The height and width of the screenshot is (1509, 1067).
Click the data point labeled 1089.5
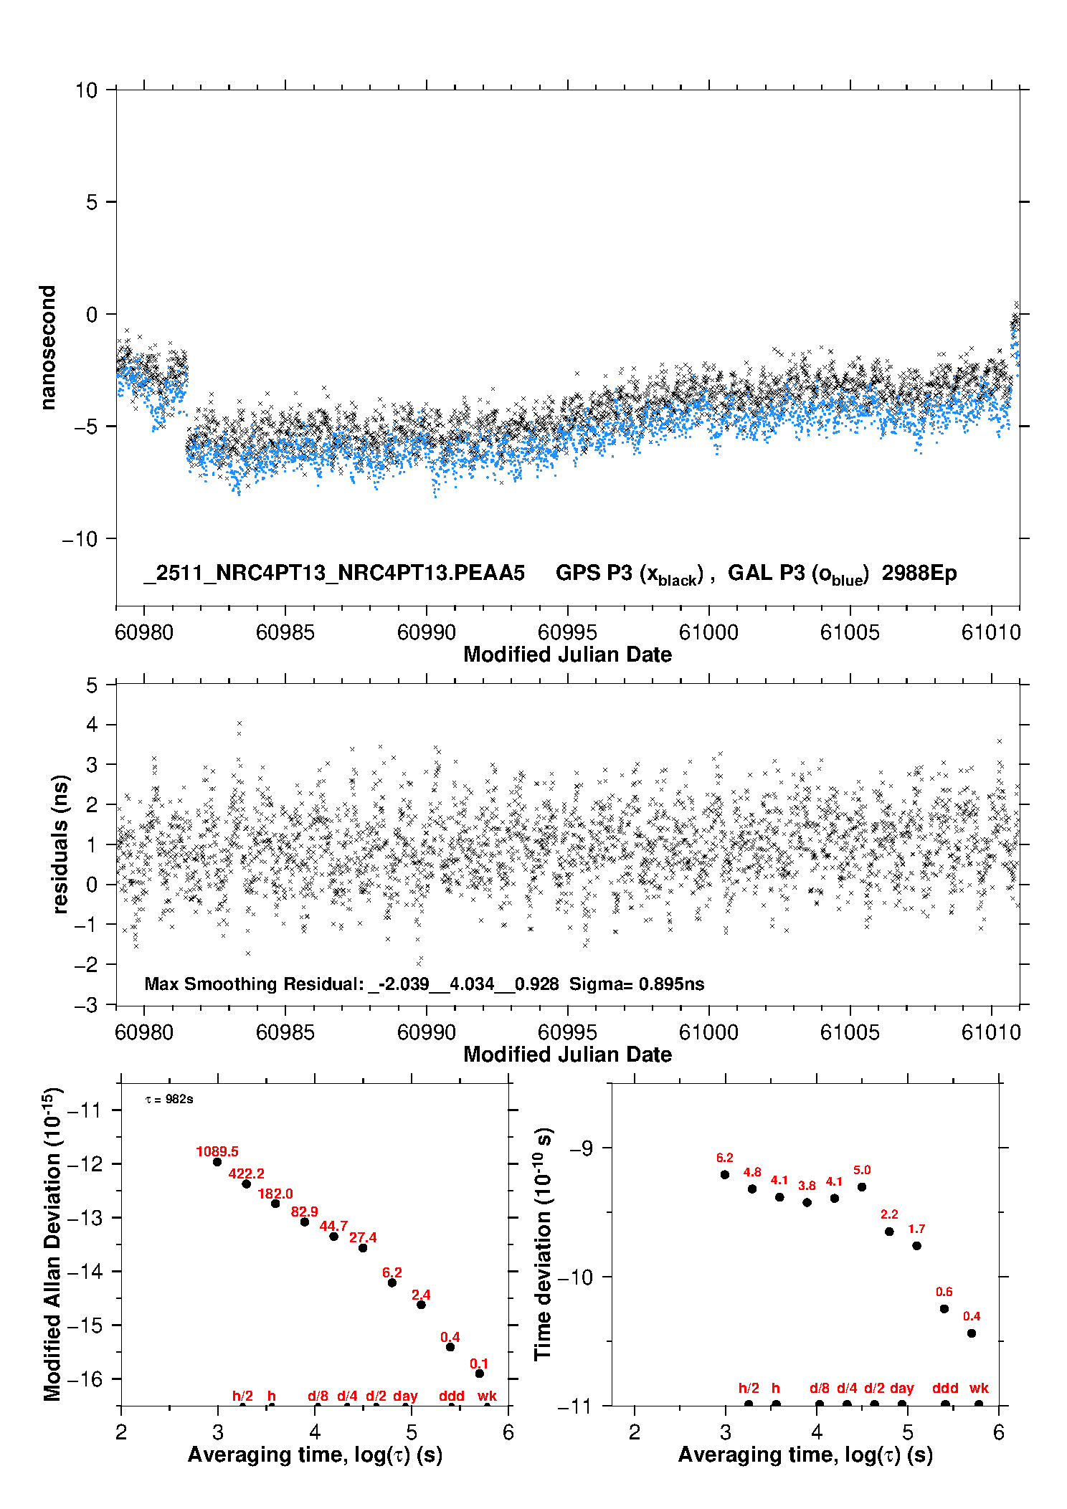pos(217,1162)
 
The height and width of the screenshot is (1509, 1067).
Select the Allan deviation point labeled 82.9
pos(305,1222)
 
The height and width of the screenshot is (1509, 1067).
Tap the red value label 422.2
pos(246,1174)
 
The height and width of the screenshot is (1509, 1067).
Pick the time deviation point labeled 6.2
pos(725,1175)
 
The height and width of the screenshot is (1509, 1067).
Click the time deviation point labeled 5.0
pos(862,1187)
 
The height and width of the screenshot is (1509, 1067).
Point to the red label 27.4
pos(363,1237)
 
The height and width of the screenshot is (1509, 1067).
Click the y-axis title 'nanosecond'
pos(48,348)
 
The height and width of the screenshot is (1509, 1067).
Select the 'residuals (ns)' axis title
pos(60,844)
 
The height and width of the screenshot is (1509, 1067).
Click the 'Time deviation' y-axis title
pos(543,1244)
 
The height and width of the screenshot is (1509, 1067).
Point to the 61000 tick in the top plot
pos(708,632)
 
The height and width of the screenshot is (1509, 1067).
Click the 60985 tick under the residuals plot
pos(285,1032)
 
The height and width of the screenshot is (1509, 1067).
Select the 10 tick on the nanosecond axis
pos(86,90)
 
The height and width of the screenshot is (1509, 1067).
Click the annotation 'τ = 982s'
pos(169,1100)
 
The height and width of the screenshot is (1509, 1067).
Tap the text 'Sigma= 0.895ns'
pos(637,984)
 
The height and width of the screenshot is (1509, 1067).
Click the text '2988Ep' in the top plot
pos(919,573)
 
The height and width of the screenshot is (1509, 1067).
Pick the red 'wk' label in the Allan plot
pos(487,1396)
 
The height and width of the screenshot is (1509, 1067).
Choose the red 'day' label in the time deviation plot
pos(901,1388)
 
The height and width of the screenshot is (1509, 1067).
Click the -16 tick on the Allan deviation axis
pos(85,1379)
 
